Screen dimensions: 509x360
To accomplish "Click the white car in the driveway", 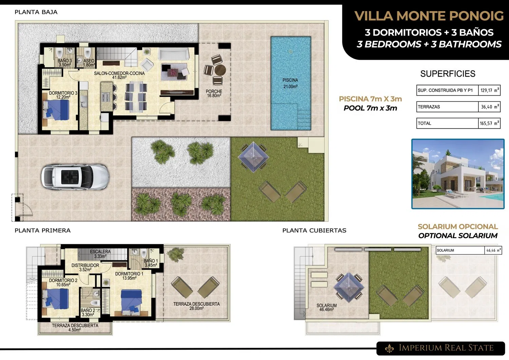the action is [x=75, y=177].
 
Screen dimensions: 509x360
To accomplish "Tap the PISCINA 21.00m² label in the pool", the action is [x=290, y=83].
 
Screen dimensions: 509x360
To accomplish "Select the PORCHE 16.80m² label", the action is [x=214, y=93].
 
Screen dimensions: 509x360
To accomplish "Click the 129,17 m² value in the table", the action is [x=489, y=90].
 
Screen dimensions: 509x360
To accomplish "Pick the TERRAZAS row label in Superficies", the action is [x=429, y=107].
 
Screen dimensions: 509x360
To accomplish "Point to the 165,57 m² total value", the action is [x=489, y=124].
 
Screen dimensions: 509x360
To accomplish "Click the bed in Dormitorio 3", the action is [x=56, y=110].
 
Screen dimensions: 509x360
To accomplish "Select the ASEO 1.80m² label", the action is [x=89, y=63].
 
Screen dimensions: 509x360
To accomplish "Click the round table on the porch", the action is [x=220, y=70].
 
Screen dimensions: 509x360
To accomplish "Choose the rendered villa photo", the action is [x=458, y=174].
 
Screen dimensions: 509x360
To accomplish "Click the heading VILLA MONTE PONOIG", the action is [x=429, y=16].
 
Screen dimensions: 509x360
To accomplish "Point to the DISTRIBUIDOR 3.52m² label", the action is [x=85, y=267].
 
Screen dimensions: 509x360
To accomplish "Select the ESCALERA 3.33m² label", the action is [x=100, y=254].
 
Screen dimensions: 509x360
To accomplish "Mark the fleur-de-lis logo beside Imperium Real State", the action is [x=389, y=348].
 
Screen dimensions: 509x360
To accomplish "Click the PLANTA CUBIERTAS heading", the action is [x=314, y=230].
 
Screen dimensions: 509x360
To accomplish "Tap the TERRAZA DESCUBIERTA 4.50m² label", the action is [x=75, y=327].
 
